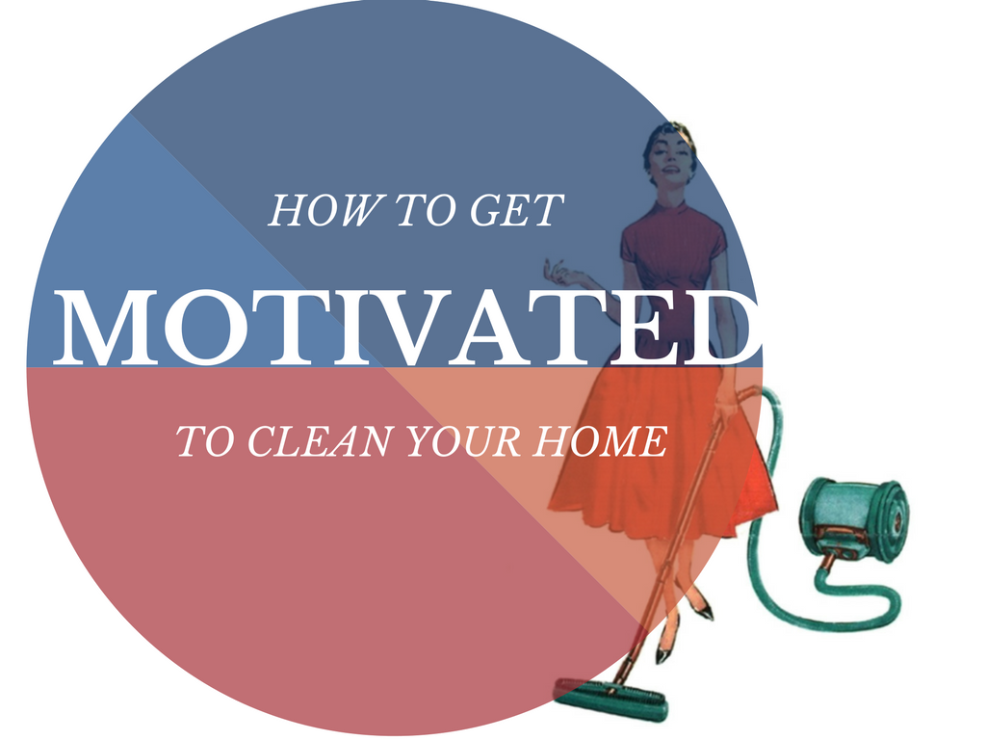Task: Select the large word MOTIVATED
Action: (408, 328)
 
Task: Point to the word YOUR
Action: (463, 441)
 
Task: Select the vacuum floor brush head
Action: (610, 699)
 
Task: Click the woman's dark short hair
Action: (666, 139)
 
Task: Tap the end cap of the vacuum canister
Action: (893, 520)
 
